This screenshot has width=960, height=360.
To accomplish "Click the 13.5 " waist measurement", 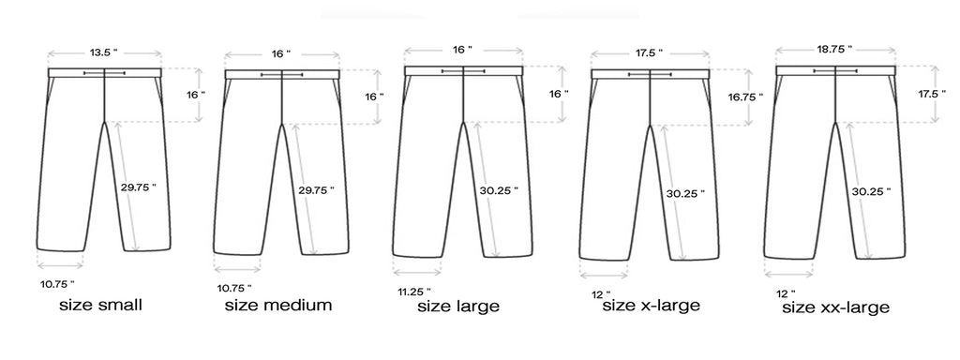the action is pyautogui.click(x=103, y=52).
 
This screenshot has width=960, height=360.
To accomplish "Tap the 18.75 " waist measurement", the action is pyautogui.click(x=834, y=49).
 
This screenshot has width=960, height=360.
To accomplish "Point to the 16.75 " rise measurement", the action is pyautogui.click(x=745, y=97).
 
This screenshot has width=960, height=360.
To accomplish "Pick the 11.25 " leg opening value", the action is pyautogui.click(x=414, y=292).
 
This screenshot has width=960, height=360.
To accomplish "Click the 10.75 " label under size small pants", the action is pyautogui.click(x=57, y=284).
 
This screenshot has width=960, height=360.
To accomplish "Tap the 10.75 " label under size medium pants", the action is pyautogui.click(x=234, y=288).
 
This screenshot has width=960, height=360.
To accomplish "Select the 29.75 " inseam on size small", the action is pyautogui.click(x=139, y=187).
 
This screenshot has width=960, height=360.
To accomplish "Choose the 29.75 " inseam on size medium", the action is pyautogui.click(x=316, y=189).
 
